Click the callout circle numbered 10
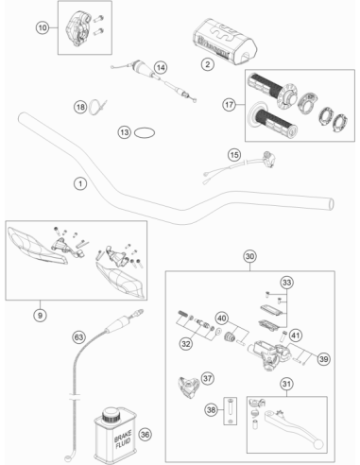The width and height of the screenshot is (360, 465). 43,27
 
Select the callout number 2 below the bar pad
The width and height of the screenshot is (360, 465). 208,64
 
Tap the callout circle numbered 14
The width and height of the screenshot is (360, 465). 161,67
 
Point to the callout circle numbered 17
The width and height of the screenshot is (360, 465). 229,104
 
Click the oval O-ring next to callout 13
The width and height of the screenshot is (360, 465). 145,132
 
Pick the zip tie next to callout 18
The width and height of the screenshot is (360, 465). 97,106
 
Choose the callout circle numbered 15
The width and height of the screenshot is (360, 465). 234,155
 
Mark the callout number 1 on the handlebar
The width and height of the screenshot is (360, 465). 80,183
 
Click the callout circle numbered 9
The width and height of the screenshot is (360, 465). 40,315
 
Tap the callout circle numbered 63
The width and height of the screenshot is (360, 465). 78,337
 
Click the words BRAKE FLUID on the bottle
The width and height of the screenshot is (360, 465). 123,439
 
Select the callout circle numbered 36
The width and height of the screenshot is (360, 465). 145,435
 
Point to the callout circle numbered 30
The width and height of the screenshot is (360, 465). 249,256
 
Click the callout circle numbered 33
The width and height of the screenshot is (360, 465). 286,283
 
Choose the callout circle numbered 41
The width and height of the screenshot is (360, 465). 295,336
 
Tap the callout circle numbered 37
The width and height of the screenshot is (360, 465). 208,378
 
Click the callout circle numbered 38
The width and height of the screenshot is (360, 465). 212,410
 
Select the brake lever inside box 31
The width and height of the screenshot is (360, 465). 294,427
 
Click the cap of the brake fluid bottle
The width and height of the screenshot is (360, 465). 111,415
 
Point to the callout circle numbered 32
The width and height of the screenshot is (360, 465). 186,343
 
